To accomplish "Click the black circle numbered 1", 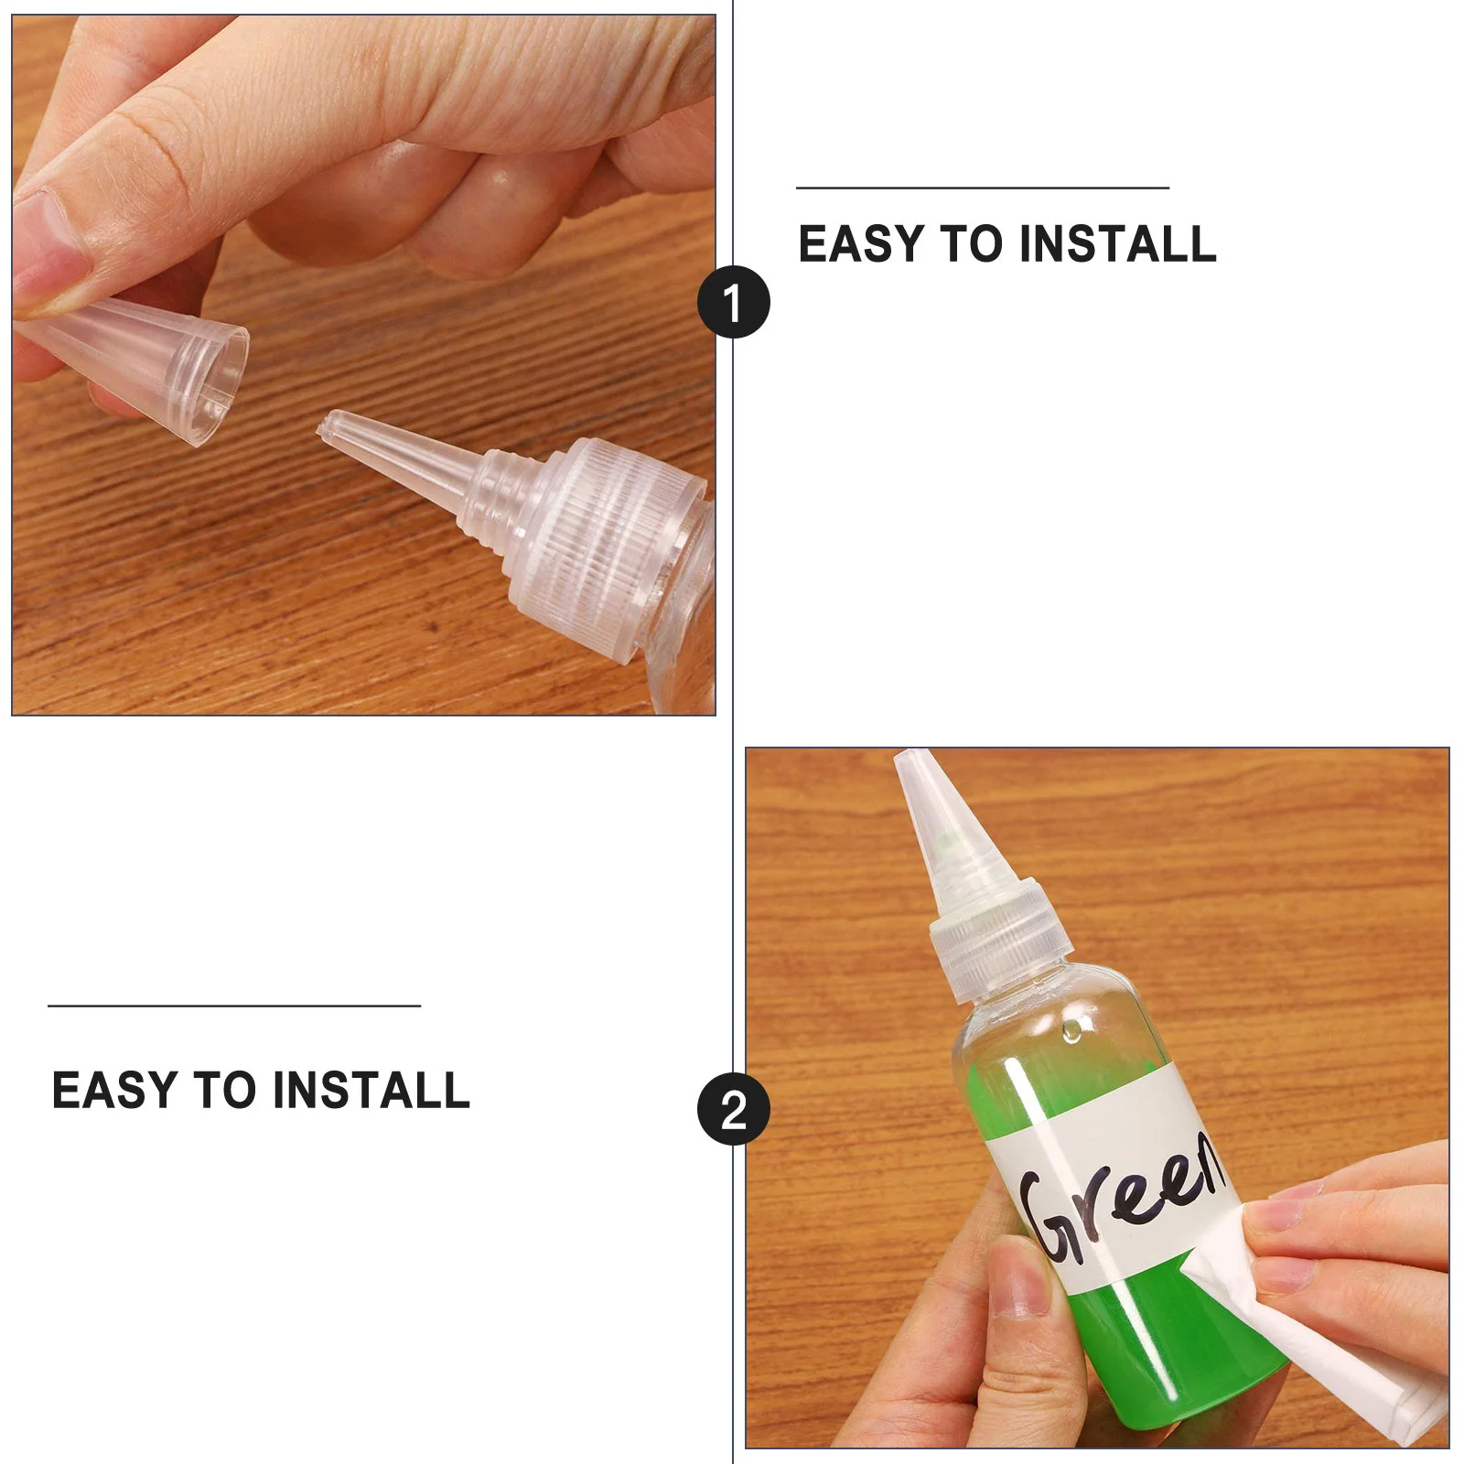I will (x=733, y=302).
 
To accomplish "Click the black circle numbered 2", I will (x=733, y=1109).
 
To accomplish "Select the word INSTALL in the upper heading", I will (x=1117, y=244).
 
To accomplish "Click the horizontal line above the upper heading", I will (x=982, y=188).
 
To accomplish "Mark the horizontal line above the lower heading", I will (x=233, y=1006).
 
